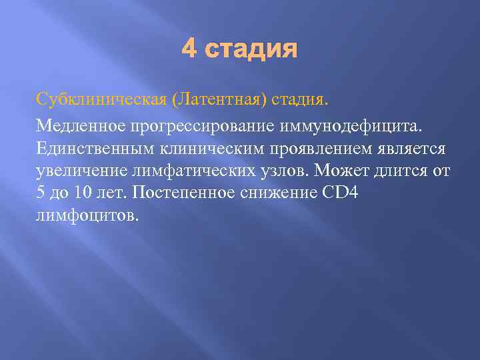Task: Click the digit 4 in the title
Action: pos(190,49)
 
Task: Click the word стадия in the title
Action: pos(251,49)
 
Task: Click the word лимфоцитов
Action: pos(85,216)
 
